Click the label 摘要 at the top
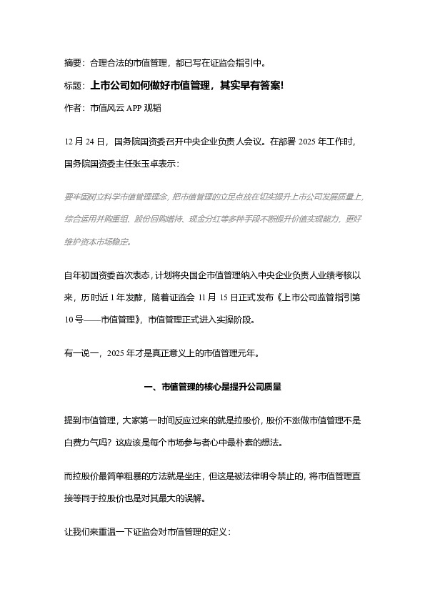73,63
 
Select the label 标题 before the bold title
73,86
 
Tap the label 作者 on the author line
73,109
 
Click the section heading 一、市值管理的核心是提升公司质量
212,387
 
